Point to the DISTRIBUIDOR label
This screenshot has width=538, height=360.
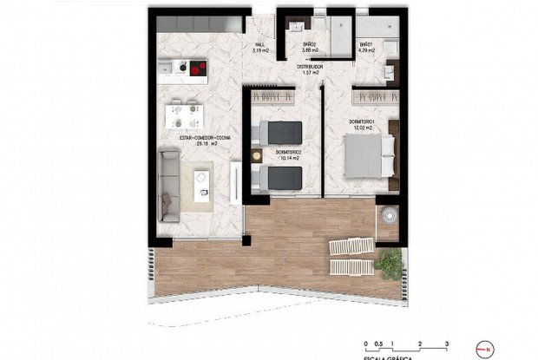tap(310, 68)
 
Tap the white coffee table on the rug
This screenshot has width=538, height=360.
tap(202, 180)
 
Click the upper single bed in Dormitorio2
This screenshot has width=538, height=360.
tap(279, 133)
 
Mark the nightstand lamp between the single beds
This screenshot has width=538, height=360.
tap(257, 156)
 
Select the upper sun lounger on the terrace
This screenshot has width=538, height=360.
tap(351, 248)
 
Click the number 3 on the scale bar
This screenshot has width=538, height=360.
tap(446, 344)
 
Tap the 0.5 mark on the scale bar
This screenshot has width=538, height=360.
tap(380, 344)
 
